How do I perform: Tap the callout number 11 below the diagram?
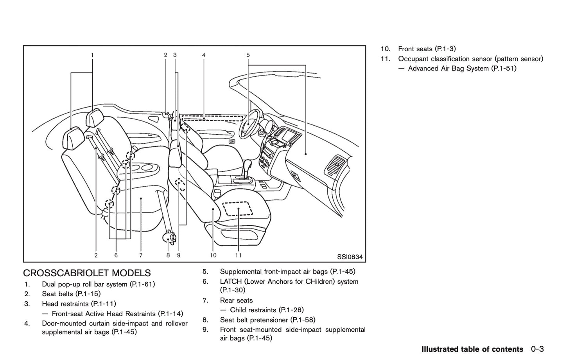coord(238,255)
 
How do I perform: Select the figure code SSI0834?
coord(350,257)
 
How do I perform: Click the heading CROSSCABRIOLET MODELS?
coord(87,273)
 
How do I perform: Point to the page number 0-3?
coord(538,349)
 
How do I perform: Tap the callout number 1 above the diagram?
coord(92,55)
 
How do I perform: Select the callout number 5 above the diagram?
coord(248,55)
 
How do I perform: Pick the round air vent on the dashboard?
coord(335,166)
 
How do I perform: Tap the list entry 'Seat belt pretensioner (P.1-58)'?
coord(267,320)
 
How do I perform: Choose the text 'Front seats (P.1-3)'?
coord(427,49)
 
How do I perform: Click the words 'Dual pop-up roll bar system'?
coord(84,284)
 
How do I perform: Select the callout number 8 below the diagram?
coord(168,255)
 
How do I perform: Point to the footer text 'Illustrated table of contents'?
coord(472,349)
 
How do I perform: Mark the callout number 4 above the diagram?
coord(204,55)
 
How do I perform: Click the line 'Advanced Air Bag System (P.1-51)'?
coord(462,68)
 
